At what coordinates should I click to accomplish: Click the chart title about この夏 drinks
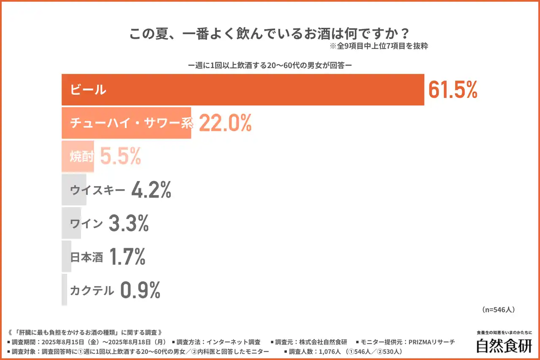pos(270,33)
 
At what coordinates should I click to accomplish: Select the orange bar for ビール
pos(243,89)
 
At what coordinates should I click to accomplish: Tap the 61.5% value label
pos(453,89)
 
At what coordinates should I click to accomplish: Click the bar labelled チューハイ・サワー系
pos(127,123)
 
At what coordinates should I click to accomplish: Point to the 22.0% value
pos(225,123)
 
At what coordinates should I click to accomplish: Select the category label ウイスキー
pos(98,190)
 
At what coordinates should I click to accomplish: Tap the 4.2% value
pos(151,190)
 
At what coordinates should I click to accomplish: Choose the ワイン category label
pos(86,224)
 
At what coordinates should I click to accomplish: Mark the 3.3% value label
pos(129,224)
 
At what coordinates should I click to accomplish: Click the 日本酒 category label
pos(86,257)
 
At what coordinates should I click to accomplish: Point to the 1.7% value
pos(127,257)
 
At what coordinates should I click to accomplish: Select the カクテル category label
pos(92,290)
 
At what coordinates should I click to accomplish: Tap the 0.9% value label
pos(140,290)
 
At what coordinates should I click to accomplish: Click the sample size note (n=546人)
pos(498,309)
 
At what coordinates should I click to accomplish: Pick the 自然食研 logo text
pos(504,345)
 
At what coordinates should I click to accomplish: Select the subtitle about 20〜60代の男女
pos(270,66)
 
